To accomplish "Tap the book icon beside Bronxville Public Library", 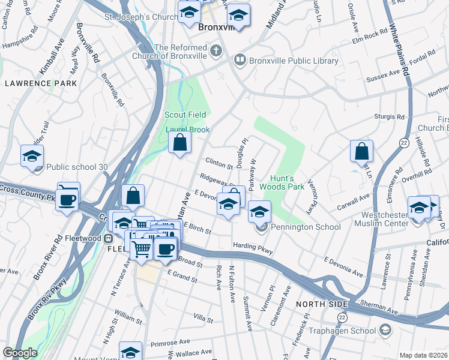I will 240,60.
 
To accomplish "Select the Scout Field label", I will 185,115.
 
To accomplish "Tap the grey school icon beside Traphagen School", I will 385,330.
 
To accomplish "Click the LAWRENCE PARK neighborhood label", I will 41,83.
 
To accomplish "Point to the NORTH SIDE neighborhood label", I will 319,304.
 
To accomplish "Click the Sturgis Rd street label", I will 390,117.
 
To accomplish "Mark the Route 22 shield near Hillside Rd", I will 403,142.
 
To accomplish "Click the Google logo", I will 20,353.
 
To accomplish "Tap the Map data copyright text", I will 423,355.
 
